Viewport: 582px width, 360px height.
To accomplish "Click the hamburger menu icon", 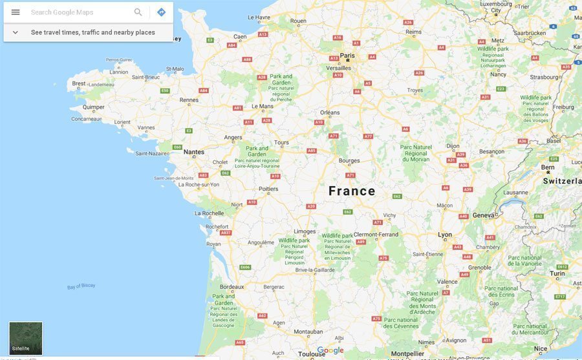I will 16,12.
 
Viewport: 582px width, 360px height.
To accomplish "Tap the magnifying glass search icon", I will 138,12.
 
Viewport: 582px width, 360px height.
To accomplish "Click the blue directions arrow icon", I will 162,12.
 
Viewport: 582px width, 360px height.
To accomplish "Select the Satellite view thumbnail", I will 26,338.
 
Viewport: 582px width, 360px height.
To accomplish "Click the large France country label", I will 352,191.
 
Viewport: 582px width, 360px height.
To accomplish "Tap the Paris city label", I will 348,56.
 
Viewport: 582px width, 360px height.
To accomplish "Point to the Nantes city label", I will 194,152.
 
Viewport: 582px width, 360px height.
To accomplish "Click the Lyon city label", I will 445,235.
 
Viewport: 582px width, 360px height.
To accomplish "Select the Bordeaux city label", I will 232,286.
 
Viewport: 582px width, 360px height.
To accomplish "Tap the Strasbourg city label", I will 546,77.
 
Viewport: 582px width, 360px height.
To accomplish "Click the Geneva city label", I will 484,215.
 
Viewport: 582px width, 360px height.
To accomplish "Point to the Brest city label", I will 79,83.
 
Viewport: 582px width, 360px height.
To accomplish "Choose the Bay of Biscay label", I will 81,286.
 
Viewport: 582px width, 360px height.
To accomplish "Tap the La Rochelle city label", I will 210,213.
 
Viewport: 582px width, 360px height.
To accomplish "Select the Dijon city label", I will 453,146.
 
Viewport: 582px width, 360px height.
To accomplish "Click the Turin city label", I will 557,273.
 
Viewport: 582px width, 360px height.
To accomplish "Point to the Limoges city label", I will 305,231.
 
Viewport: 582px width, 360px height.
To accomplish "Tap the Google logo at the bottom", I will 330,350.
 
